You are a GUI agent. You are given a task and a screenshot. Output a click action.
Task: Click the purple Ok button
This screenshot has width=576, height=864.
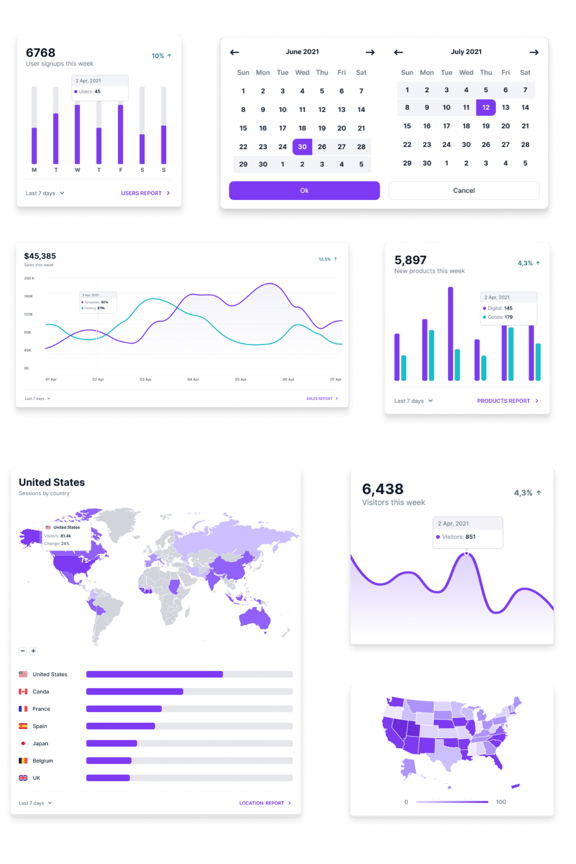[304, 191]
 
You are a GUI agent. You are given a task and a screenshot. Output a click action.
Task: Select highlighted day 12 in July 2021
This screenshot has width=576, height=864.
[486, 108]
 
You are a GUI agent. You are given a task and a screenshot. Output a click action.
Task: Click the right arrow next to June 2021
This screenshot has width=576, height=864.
[370, 52]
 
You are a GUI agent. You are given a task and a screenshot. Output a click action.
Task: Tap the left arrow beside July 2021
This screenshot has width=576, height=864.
[398, 52]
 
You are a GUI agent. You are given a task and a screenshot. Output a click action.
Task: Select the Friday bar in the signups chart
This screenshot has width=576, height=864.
[120, 134]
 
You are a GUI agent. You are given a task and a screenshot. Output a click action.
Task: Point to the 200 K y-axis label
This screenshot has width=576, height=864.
[29, 278]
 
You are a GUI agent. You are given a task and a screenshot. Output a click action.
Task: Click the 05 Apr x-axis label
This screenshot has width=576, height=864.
[240, 379]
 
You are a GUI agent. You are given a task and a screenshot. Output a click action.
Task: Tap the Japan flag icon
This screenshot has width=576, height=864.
[23, 744]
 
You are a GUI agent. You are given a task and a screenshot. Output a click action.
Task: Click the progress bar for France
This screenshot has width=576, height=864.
[189, 709]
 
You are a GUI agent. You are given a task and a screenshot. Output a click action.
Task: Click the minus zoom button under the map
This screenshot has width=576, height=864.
[23, 651]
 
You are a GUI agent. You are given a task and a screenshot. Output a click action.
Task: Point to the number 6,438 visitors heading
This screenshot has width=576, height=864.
[383, 489]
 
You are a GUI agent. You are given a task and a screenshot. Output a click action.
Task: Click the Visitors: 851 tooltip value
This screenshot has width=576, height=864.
[470, 537]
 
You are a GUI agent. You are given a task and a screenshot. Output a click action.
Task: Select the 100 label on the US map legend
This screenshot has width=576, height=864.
[501, 802]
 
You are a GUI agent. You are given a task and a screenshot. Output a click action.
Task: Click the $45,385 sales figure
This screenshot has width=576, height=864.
[40, 256]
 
